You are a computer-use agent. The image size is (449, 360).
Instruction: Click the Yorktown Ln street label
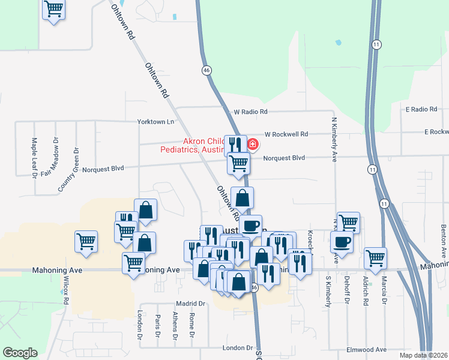click(155, 121)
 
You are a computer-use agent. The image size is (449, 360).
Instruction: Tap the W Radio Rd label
click(250, 112)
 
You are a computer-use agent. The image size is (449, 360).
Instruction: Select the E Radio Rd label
click(421, 109)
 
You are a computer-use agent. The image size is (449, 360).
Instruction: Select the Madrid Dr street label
click(191, 304)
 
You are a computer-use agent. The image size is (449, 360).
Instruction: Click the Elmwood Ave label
click(366, 349)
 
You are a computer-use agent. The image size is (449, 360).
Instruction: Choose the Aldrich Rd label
click(365, 292)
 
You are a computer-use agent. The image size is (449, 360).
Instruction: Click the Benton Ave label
click(443, 238)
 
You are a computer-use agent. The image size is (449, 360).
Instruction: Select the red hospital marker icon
click(253, 144)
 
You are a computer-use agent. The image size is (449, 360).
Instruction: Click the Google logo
click(20, 353)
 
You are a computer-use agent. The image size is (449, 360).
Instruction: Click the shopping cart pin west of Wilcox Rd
click(86, 242)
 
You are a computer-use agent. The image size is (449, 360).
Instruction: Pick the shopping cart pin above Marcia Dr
click(376, 258)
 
